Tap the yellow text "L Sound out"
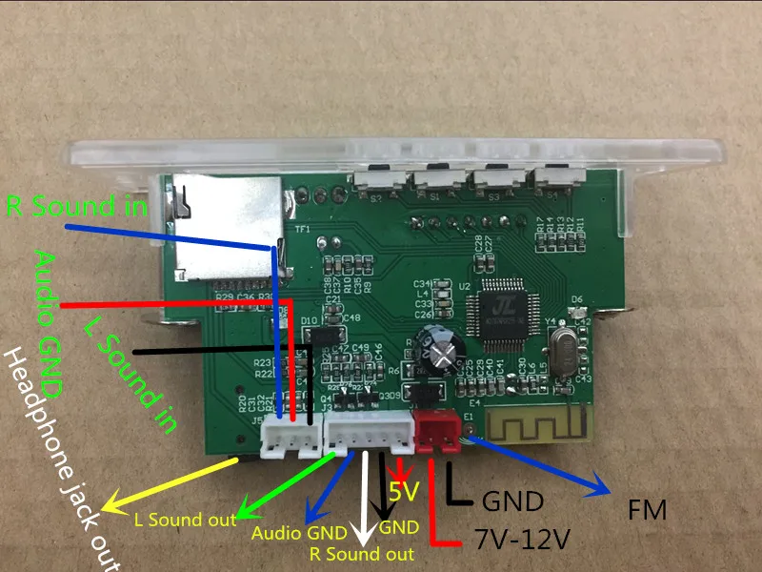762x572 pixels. [x=180, y=520]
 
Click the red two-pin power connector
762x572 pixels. [x=435, y=434]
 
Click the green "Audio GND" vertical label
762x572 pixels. [x=49, y=324]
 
